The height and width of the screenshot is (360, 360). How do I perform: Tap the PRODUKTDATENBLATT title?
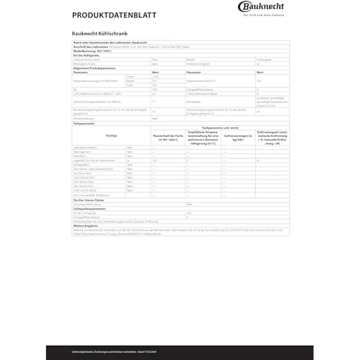click(114, 15)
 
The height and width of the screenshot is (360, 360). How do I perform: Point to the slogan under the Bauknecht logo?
click(263, 15)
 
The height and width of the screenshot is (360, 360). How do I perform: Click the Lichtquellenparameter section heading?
click(91, 208)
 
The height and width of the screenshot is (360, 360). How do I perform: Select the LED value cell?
click(189, 213)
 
